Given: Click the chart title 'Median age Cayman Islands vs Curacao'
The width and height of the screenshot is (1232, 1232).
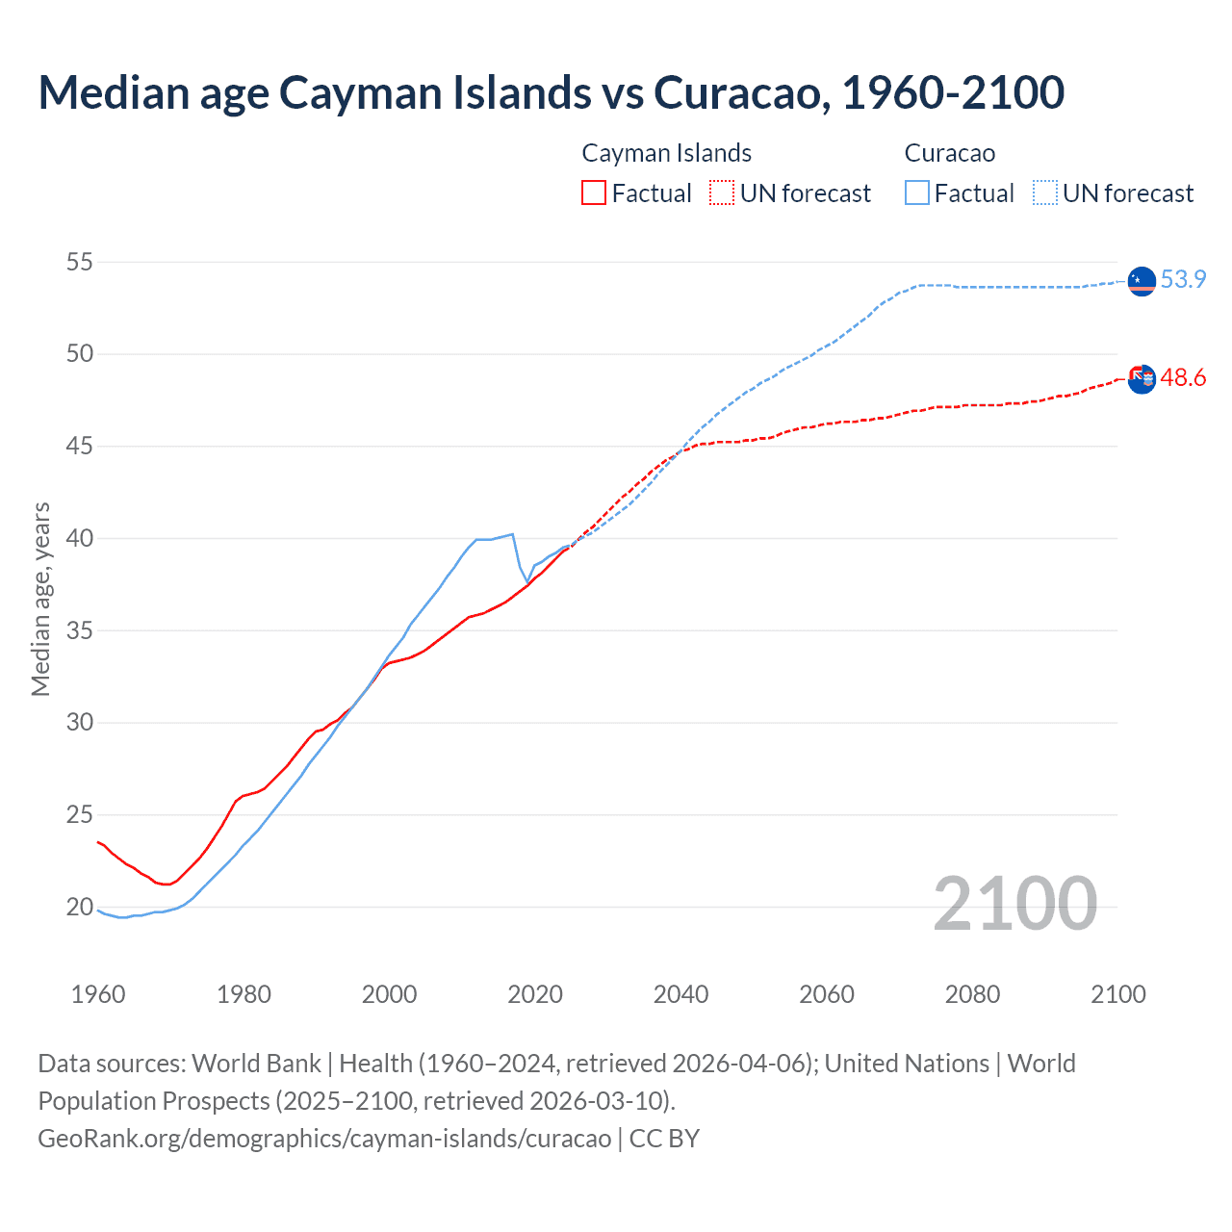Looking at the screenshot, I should pyautogui.click(x=551, y=92).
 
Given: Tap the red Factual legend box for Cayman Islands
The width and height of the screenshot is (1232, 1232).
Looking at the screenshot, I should pyautogui.click(x=594, y=192).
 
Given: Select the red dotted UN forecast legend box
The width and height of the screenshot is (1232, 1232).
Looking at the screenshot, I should pyautogui.click(x=722, y=192).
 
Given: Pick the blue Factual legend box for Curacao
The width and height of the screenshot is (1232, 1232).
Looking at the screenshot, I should pyautogui.click(x=917, y=192).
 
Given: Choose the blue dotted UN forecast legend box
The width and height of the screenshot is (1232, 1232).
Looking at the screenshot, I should pyautogui.click(x=1045, y=192).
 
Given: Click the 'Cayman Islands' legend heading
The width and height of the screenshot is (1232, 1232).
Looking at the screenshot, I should pyautogui.click(x=666, y=153).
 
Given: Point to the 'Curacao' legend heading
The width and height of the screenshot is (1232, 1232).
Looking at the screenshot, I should pyautogui.click(x=949, y=153).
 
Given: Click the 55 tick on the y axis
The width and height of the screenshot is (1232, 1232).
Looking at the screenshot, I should pyautogui.click(x=80, y=262).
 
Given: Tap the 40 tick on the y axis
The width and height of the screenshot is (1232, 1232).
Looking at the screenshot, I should pyautogui.click(x=80, y=538).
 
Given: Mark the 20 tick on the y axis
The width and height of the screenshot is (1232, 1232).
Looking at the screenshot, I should pyautogui.click(x=80, y=907).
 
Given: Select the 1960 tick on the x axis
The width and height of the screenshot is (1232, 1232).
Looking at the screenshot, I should pyautogui.click(x=98, y=994).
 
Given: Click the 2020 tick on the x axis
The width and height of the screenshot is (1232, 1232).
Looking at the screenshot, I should pyautogui.click(x=535, y=994).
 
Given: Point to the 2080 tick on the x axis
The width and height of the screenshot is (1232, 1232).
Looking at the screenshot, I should pyautogui.click(x=972, y=994).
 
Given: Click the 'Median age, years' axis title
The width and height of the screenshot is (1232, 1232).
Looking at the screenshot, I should pyautogui.click(x=40, y=599).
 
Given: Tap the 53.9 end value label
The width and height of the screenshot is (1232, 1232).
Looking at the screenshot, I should pyautogui.click(x=1183, y=279).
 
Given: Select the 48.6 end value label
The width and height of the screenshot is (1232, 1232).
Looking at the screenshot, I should pyautogui.click(x=1183, y=378).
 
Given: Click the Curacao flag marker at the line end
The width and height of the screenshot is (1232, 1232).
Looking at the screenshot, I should pyautogui.click(x=1142, y=281).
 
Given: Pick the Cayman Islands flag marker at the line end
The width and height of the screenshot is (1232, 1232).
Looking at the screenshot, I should pyautogui.click(x=1142, y=379).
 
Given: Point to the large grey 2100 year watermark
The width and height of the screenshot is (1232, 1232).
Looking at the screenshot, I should pyautogui.click(x=1014, y=903).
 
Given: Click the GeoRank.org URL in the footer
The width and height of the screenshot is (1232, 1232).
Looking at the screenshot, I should pyautogui.click(x=324, y=1139).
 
